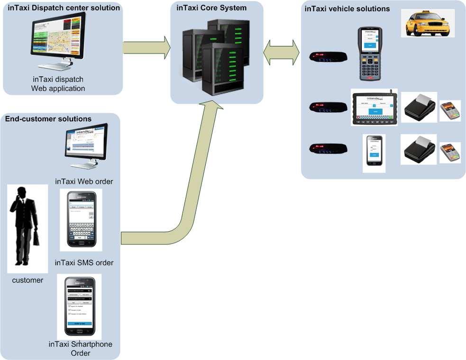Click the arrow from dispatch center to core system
coord(146,48)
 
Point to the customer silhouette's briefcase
coord(36,237)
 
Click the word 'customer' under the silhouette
coord(27,280)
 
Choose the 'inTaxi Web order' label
coord(84,181)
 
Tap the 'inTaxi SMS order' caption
coord(84,262)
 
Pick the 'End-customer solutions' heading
coord(48,118)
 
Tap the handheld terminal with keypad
coord(369,53)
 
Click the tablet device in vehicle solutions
coord(374,108)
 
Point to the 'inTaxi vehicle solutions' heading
coord(347,9)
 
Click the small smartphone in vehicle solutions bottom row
coord(374,153)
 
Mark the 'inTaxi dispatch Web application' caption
coord(58,84)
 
